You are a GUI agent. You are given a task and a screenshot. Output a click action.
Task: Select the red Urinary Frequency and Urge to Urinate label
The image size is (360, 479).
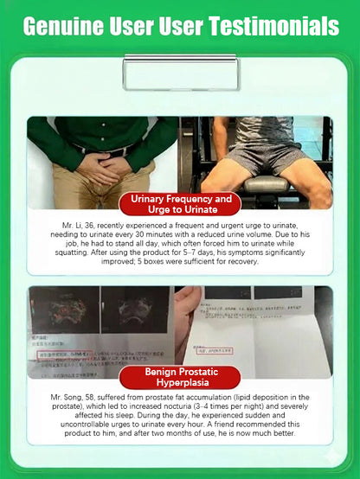(x=180, y=205)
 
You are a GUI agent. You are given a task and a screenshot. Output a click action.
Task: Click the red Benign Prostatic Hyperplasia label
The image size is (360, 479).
(x=180, y=377)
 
